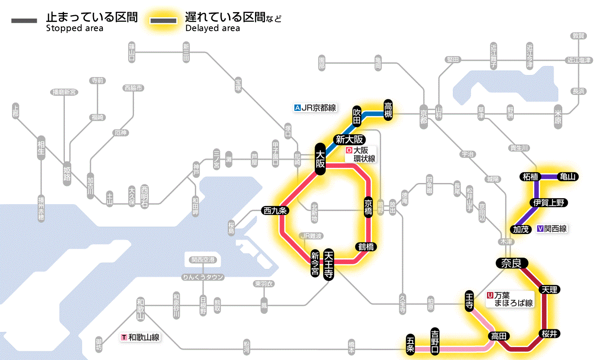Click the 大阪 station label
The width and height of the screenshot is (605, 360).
click(x=320, y=159)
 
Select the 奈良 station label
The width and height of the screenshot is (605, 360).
click(x=511, y=263)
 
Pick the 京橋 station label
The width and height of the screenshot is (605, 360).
click(x=368, y=208)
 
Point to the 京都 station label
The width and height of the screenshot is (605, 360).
click(x=423, y=114)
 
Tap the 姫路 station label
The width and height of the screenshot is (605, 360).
click(x=67, y=173)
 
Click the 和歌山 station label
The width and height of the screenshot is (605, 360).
click(x=140, y=308)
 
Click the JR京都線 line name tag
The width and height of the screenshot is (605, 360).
click(x=315, y=108)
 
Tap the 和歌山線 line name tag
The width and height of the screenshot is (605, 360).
click(x=140, y=337)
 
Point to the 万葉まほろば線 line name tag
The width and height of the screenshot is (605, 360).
click(x=510, y=299)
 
